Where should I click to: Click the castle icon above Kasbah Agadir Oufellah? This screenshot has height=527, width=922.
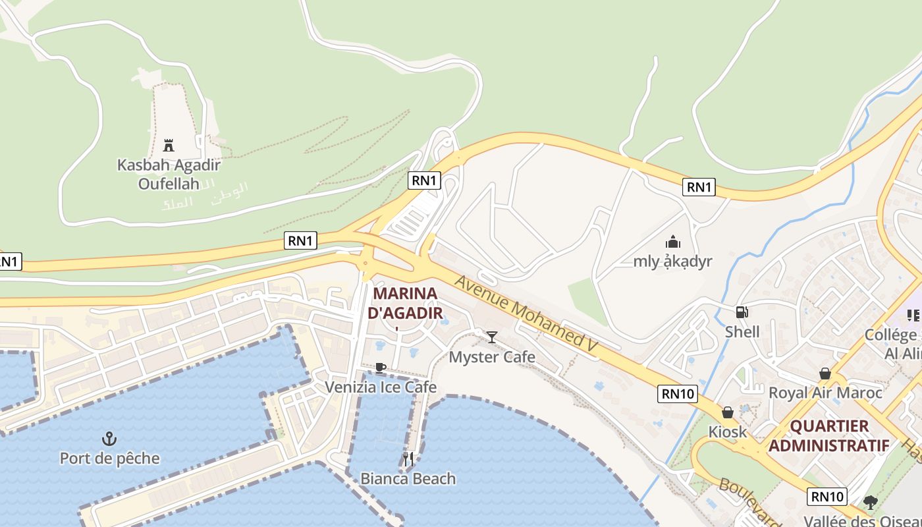169,145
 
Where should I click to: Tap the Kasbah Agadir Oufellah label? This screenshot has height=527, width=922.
169,174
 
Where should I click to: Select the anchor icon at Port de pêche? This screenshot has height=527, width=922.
109,439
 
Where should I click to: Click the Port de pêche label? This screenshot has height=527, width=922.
109,458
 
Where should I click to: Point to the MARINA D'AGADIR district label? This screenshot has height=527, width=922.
405,302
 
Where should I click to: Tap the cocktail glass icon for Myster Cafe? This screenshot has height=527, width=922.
491,337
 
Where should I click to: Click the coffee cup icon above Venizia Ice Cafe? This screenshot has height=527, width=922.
380,368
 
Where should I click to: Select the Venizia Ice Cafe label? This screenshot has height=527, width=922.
380,387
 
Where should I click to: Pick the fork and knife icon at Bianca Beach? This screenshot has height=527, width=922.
408,459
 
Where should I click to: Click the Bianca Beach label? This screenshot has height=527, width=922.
408,478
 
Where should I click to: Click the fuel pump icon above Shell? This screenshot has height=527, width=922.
742,312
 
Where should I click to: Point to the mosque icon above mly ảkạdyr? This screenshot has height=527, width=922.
672,242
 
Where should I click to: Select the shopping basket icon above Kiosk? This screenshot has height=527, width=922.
727,412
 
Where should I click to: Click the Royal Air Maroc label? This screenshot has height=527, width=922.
825,393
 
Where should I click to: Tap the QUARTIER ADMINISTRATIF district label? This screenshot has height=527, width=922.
828,435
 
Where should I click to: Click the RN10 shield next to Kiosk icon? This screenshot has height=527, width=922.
678,394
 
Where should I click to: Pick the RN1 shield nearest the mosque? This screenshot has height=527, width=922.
699,187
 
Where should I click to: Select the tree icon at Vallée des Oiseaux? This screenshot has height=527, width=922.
871,503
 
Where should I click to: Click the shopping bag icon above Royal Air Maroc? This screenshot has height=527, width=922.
825,374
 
